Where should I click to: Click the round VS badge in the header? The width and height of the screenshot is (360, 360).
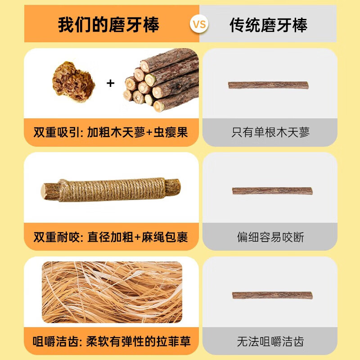click(x=199, y=24)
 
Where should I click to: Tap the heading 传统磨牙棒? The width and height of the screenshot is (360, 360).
click(x=269, y=25)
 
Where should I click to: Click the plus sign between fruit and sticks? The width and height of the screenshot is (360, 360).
click(x=110, y=83)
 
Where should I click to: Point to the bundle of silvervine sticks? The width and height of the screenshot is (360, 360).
click(x=161, y=81)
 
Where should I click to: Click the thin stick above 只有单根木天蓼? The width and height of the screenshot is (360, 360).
click(x=268, y=85)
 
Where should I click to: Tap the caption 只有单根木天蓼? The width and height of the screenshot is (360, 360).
click(x=270, y=132)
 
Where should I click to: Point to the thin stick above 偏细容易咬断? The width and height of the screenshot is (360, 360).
click(x=272, y=191)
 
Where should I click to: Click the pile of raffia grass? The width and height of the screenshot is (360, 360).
click(x=112, y=292)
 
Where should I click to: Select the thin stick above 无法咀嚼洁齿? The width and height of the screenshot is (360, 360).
click(x=272, y=295)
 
